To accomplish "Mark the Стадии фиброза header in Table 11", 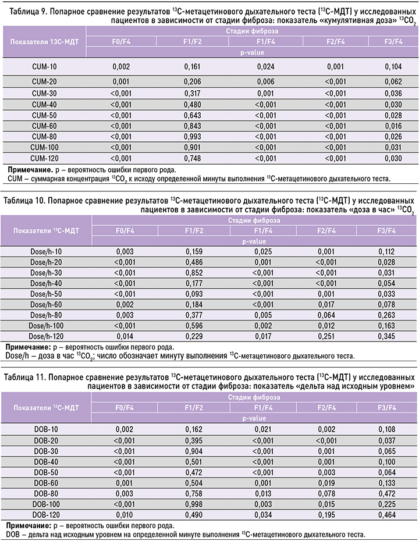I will click(253, 397).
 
